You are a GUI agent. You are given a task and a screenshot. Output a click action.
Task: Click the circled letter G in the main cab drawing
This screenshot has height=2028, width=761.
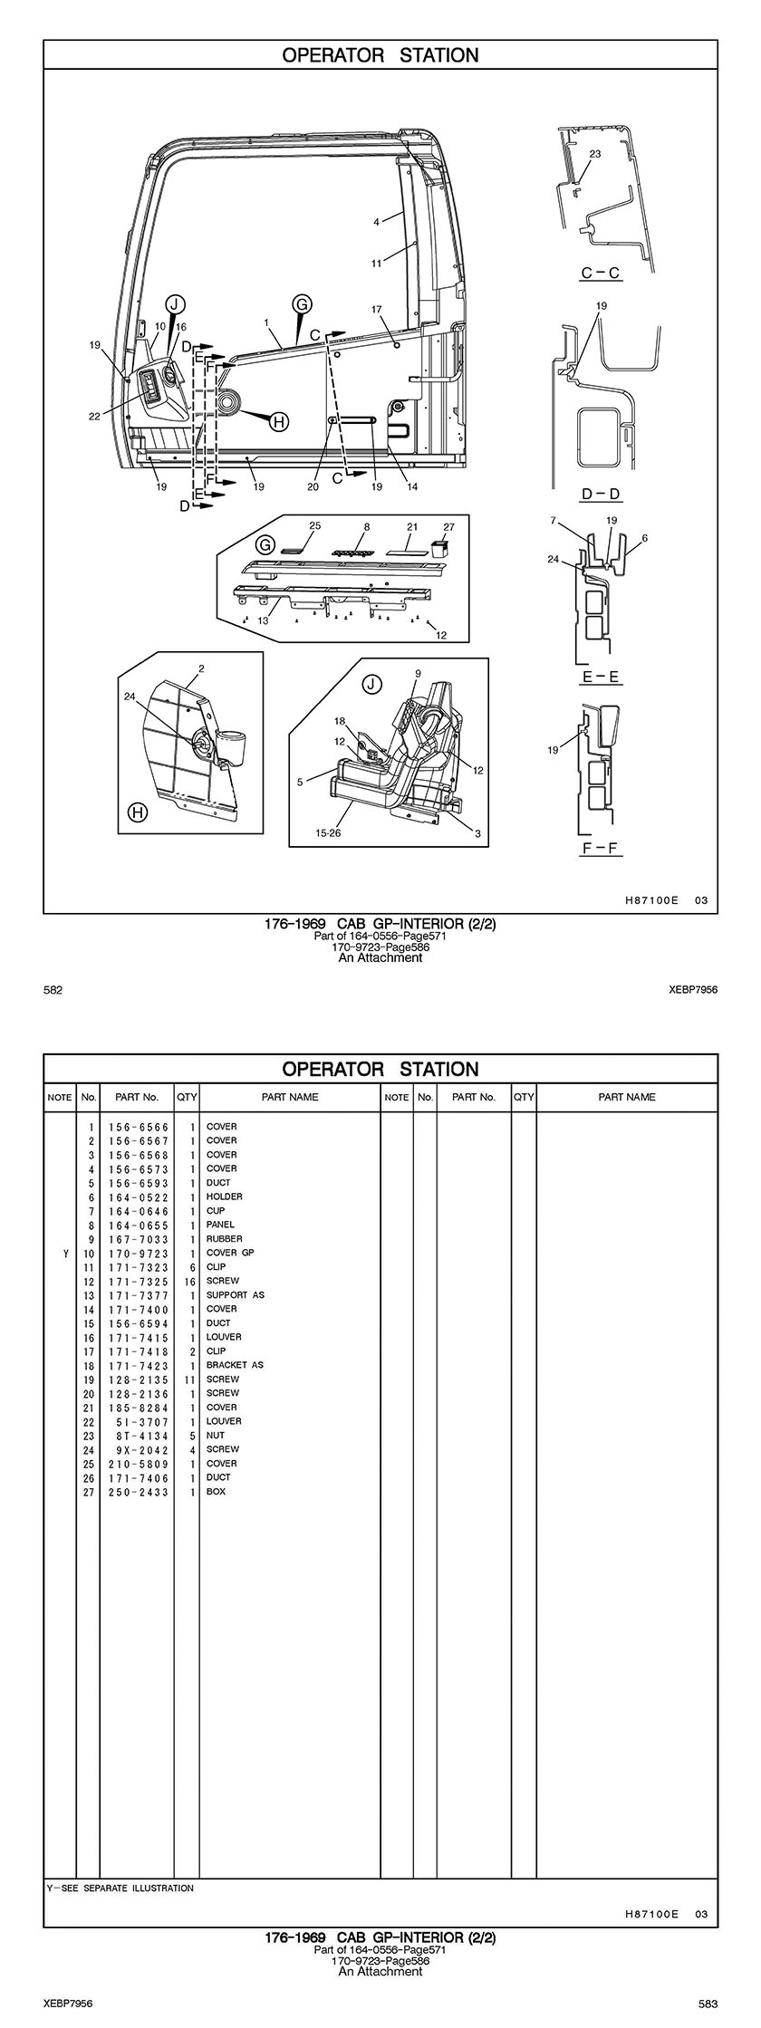point(302,304)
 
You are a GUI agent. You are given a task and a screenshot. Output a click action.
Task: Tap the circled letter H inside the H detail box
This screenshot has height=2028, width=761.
point(137,812)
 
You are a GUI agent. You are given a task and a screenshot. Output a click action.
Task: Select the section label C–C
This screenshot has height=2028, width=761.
point(601,273)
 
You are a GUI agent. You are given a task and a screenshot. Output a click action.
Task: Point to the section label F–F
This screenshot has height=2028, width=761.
point(602,849)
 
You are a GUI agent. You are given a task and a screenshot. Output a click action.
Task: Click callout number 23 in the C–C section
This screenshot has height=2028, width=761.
point(594,154)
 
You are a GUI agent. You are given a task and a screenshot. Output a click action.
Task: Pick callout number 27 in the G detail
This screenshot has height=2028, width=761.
point(449,526)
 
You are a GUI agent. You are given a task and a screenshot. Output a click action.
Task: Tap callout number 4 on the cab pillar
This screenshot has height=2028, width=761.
point(376,221)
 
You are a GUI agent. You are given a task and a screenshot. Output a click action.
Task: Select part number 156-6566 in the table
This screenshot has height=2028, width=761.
point(138,1127)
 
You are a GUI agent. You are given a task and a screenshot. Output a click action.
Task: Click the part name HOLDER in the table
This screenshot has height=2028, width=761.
point(224,1197)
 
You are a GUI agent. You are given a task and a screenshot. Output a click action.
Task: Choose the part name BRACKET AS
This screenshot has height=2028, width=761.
point(235,1365)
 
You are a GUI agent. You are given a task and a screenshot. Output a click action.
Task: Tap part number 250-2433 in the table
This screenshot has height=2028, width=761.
point(138,1492)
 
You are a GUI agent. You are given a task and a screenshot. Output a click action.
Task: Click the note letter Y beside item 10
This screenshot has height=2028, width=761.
point(65,1253)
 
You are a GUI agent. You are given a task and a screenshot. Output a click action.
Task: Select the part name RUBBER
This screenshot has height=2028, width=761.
point(224,1239)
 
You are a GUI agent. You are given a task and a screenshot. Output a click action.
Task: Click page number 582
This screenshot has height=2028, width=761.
point(53,990)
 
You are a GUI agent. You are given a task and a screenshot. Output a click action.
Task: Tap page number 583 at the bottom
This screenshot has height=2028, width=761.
point(708,2004)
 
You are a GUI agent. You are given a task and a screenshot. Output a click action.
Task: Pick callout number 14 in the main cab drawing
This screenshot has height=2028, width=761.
point(412,486)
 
